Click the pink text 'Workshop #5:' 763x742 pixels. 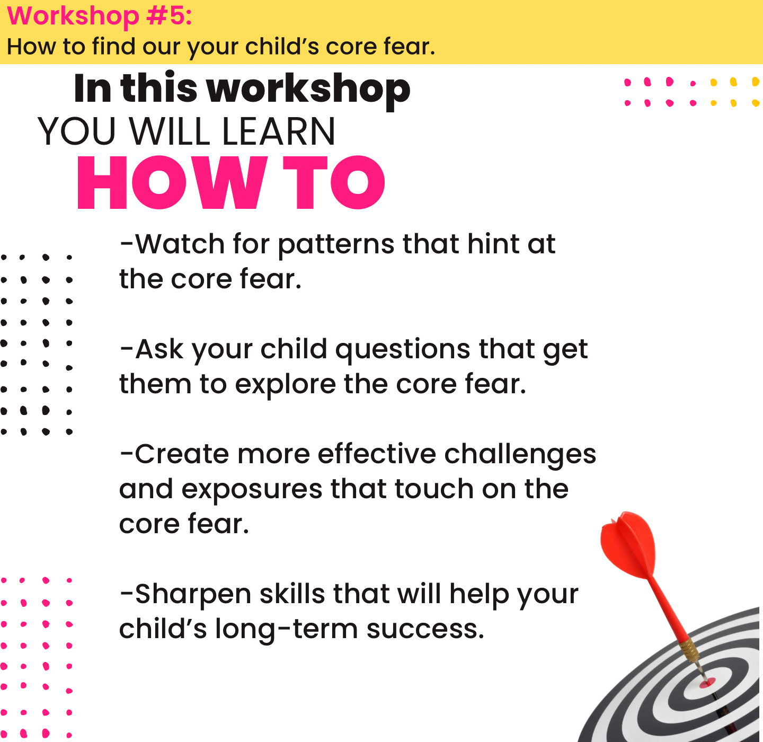pyautogui.click(x=100, y=16)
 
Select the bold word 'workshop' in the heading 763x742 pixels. pyautogui.click(x=308, y=90)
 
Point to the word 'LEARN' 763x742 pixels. pyautogui.click(x=278, y=131)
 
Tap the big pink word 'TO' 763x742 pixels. pyautogui.click(x=334, y=182)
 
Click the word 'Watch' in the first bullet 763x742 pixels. pyautogui.click(x=180, y=244)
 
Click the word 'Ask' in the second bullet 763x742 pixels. pyautogui.click(x=159, y=349)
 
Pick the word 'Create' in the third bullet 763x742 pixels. pyautogui.click(x=182, y=454)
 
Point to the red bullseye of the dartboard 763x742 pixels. pyautogui.click(x=707, y=683)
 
